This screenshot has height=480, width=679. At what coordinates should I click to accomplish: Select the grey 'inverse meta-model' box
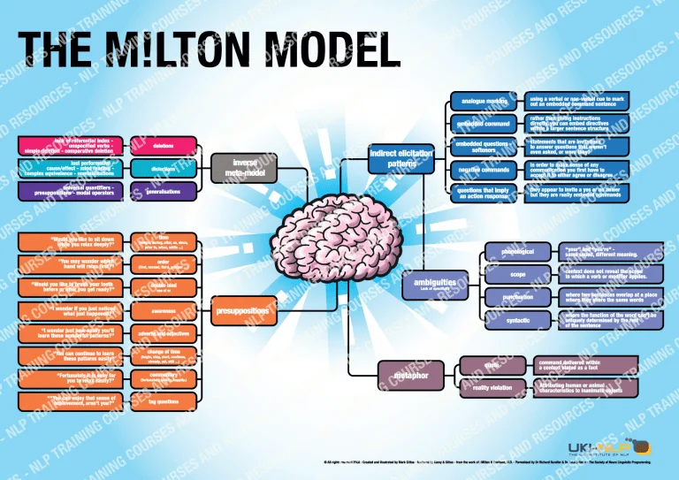coord(244,166)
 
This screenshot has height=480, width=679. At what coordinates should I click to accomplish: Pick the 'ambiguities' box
coord(435,285)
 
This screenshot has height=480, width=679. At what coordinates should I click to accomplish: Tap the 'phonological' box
coord(518,252)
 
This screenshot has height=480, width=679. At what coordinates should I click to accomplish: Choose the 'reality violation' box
coord(492,388)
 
